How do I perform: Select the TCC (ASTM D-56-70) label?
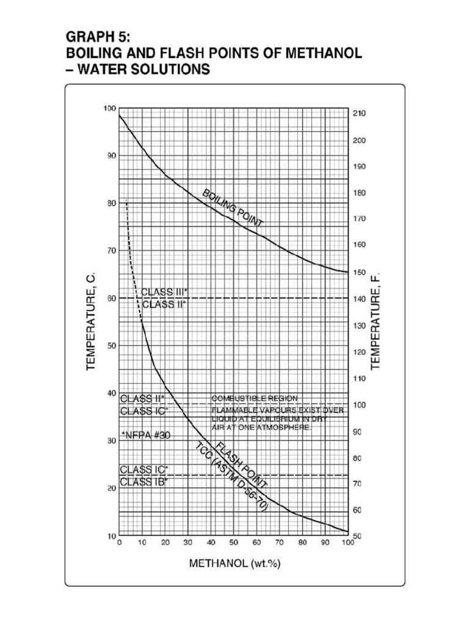[231, 477]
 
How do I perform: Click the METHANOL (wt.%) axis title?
[234, 563]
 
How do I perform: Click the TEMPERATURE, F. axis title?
[375, 322]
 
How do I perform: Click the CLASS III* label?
[164, 292]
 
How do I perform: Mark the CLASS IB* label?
[144, 482]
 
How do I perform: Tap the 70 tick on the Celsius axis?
[111, 250]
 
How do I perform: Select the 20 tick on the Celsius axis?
[111, 488]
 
